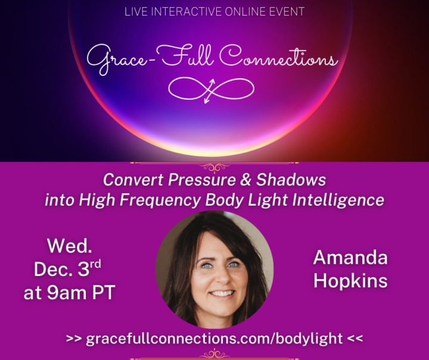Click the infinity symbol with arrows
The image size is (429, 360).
[x=212, y=89]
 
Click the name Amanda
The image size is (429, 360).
[x=350, y=257]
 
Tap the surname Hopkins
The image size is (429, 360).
[x=350, y=281]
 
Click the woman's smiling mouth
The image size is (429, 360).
[x=222, y=293]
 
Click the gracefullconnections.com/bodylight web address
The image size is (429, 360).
[x=214, y=339]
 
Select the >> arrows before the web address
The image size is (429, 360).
[x=74, y=339]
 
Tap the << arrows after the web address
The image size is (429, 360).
[x=355, y=339]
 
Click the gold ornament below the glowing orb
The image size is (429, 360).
[x=214, y=167]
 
